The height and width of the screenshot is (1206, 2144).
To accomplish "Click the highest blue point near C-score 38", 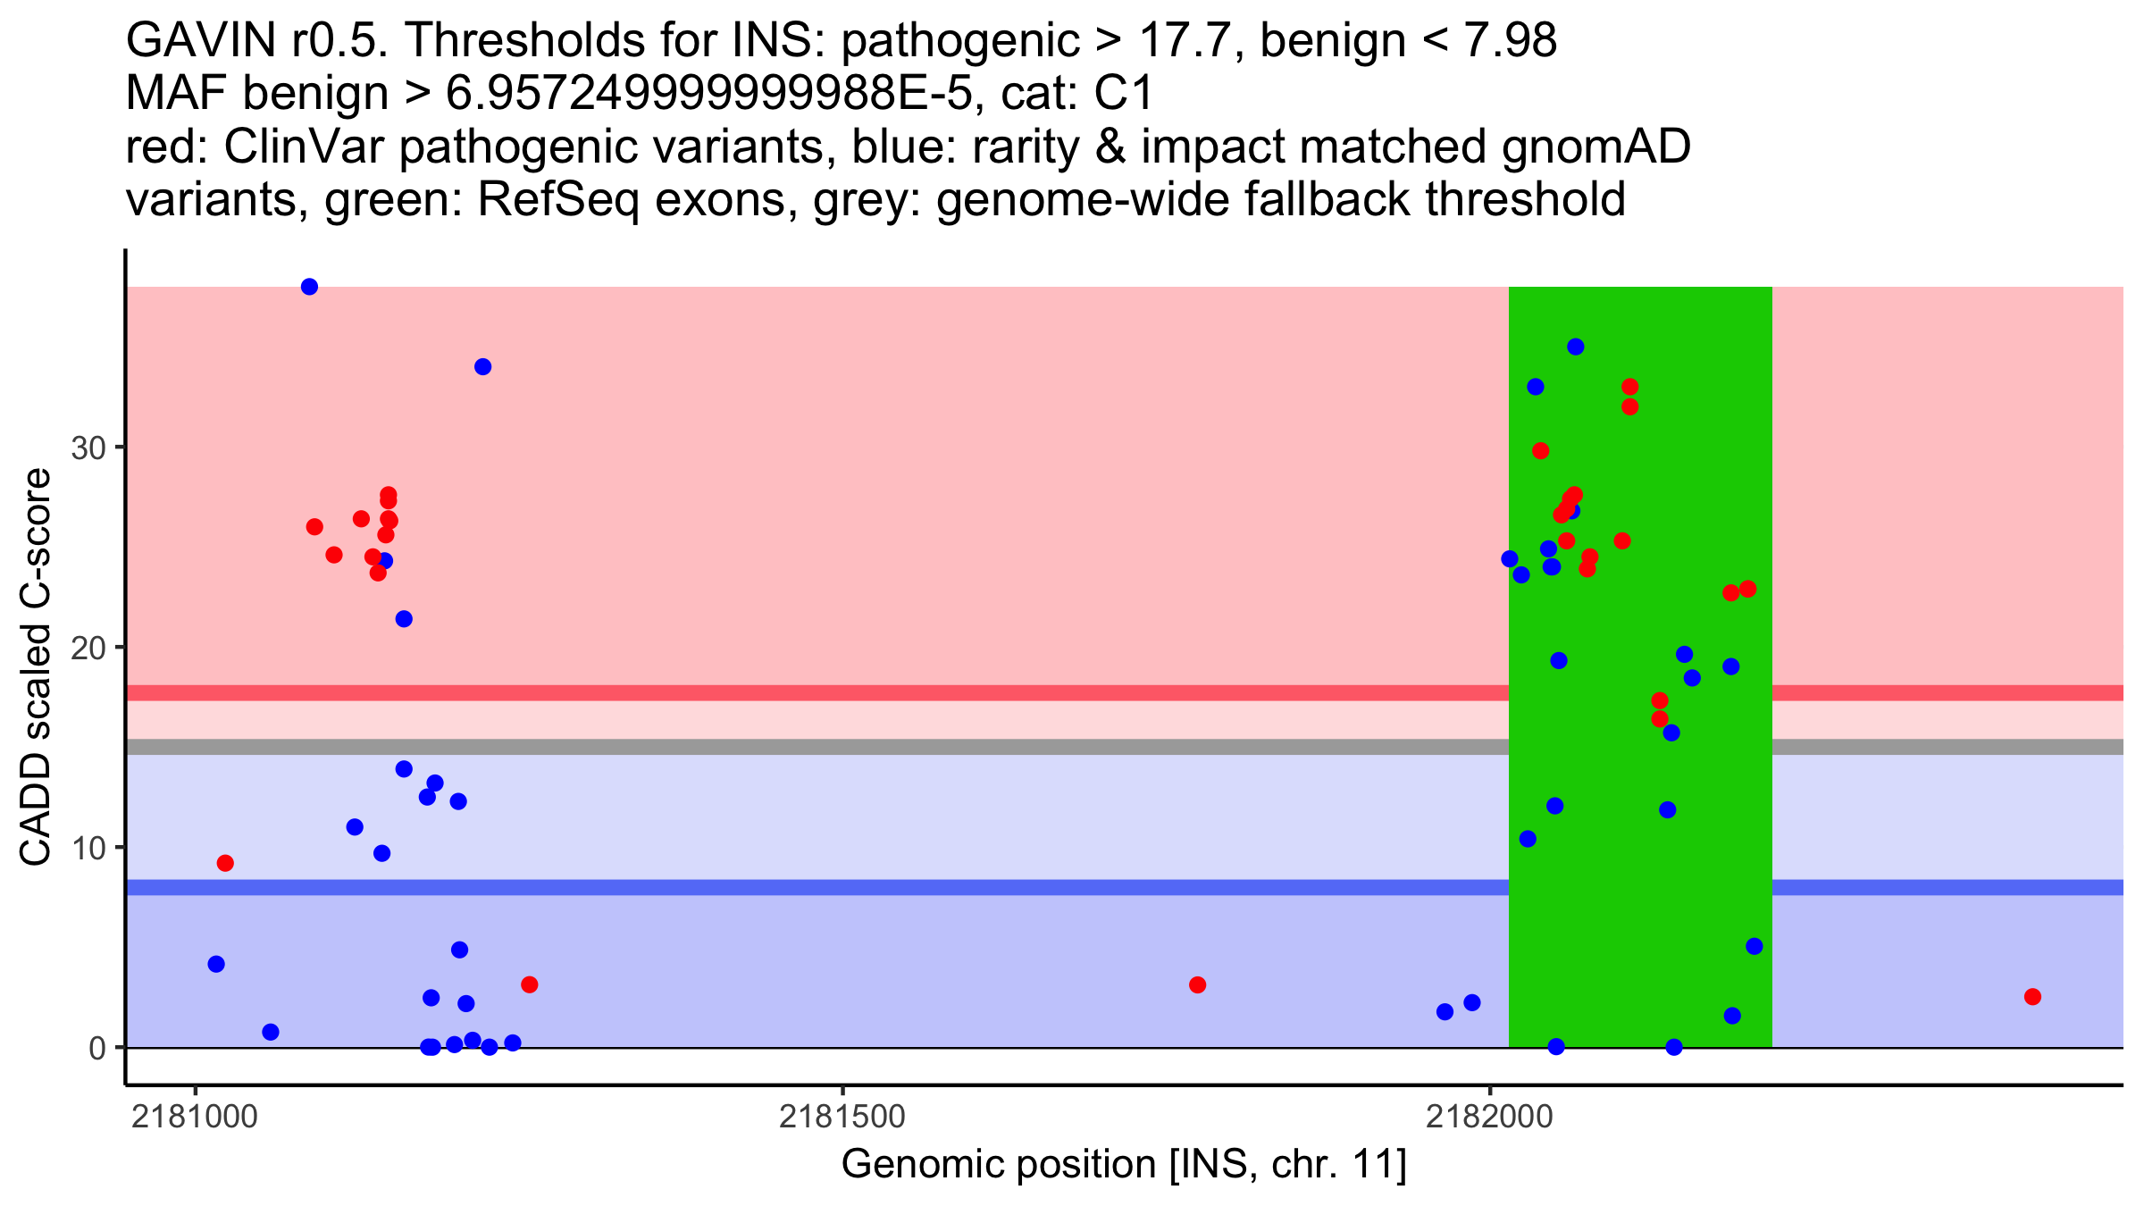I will [x=309, y=287].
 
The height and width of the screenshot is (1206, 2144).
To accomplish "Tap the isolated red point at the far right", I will [x=2032, y=997].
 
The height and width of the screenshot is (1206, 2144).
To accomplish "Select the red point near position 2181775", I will [x=1197, y=985].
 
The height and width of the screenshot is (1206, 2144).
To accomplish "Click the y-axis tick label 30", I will [x=88, y=448].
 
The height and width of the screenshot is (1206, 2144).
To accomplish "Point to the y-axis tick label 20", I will [x=88, y=648].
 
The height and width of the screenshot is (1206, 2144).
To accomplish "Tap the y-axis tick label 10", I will [x=88, y=848].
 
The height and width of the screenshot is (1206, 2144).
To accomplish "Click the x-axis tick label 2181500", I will [x=842, y=1117].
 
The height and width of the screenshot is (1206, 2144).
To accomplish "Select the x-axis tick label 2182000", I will [x=1489, y=1117].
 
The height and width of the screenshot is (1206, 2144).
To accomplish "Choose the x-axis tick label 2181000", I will [x=195, y=1117].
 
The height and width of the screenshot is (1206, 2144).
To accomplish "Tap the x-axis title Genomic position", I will [x=1124, y=1164].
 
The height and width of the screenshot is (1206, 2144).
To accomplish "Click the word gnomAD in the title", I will [x=1595, y=147].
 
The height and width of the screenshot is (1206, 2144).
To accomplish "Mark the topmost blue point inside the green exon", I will [x=1575, y=347].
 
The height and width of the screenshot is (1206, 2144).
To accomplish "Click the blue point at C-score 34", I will [x=482, y=367].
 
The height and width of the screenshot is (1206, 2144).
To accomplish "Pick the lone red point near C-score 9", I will [x=225, y=863].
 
